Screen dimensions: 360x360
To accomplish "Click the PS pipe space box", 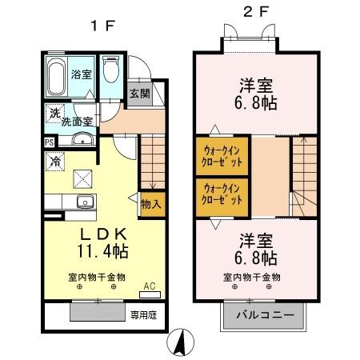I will click(x=50, y=143).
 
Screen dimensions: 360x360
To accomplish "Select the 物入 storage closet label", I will click(x=150, y=204).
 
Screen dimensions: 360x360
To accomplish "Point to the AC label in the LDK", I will click(x=149, y=285).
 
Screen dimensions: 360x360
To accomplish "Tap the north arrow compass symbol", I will click(x=182, y=342).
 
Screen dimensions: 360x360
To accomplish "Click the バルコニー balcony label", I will click(x=263, y=315).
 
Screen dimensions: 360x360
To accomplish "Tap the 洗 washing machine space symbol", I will click(x=54, y=114).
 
